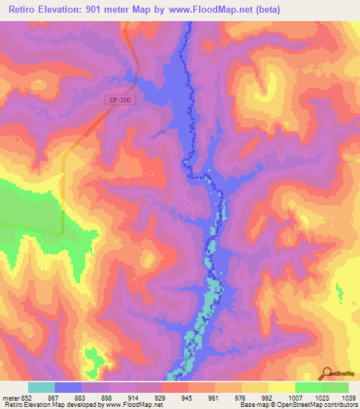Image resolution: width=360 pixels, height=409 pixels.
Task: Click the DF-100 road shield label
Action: click(120, 100)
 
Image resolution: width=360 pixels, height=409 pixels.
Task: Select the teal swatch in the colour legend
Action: click(41, 387)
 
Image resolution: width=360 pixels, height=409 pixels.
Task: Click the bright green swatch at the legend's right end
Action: click(335, 387)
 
